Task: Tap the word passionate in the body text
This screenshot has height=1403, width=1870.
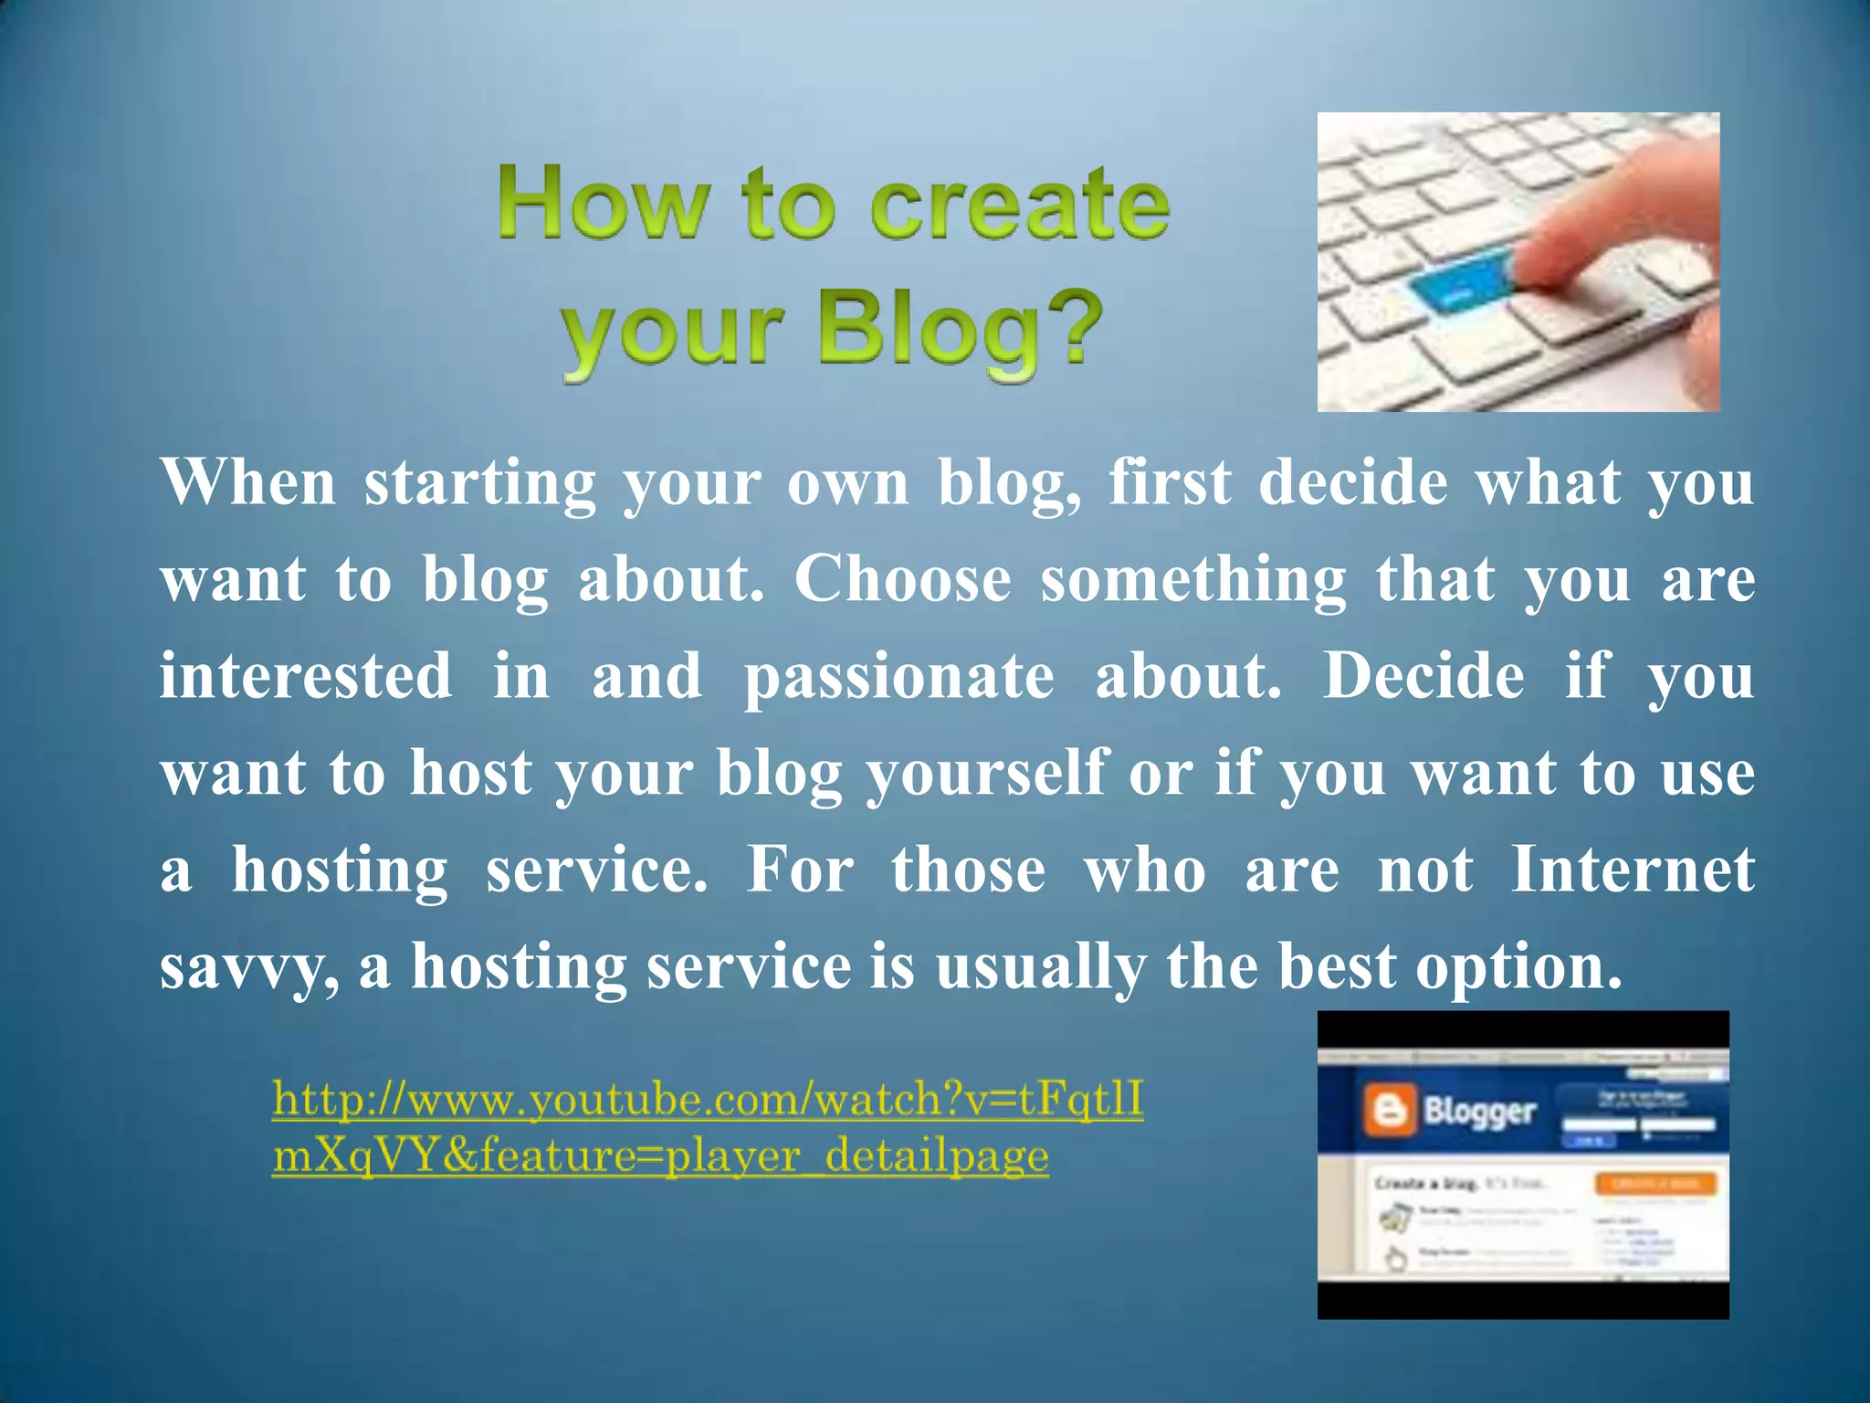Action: point(898,678)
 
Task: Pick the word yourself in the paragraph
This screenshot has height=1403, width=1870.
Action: point(987,775)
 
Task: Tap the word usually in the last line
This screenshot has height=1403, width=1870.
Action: point(1040,968)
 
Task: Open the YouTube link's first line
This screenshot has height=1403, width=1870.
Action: point(708,1099)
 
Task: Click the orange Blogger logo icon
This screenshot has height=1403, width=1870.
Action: point(1389,1111)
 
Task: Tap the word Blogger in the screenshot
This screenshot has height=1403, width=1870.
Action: point(1479,1111)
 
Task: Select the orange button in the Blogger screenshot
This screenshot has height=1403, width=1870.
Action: point(1655,1184)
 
